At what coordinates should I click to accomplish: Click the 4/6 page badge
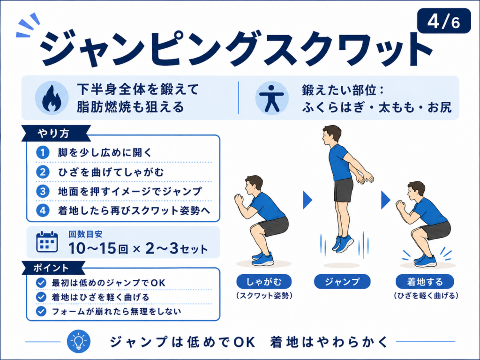point(444,21)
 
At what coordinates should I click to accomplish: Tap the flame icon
point(52,98)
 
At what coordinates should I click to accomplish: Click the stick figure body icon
point(272,98)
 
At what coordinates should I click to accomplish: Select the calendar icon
point(47,242)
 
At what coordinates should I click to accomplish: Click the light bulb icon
point(79,341)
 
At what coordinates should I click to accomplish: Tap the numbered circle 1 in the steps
point(43,152)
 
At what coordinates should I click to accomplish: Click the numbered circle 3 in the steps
point(43,191)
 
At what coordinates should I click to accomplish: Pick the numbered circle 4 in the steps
point(43,210)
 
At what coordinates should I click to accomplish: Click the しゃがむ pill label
point(264,281)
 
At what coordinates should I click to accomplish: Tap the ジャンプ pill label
point(342,281)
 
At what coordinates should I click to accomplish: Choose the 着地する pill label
point(425,281)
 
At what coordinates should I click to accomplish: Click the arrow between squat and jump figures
point(307,200)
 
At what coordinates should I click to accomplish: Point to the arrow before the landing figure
point(385,200)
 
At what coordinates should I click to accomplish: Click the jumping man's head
point(331,135)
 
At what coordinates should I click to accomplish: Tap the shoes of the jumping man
point(342,243)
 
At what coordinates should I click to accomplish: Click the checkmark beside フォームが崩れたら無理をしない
point(41,311)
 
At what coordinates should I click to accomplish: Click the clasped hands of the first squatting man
point(239,199)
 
